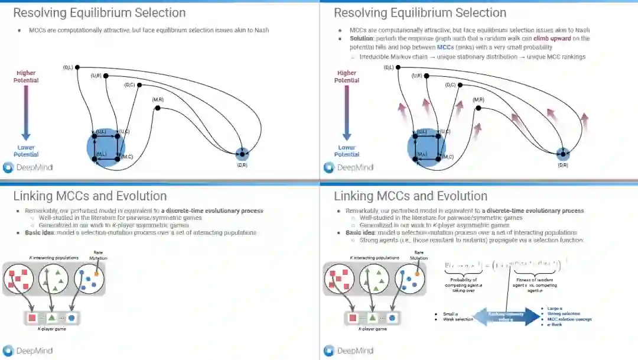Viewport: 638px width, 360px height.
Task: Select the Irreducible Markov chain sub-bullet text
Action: coord(472,57)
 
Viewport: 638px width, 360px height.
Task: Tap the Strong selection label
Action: coord(564,314)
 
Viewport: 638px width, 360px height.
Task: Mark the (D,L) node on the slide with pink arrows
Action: coord(398,67)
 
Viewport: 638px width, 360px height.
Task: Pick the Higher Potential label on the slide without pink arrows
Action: coord(27,77)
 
